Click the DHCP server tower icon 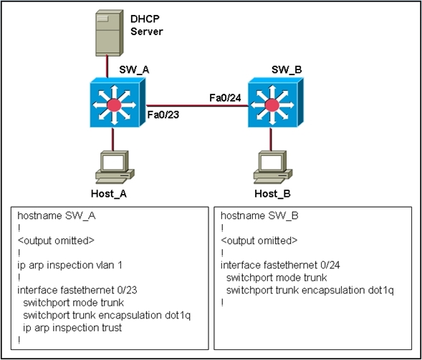[x=110, y=33]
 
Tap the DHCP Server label [x=147, y=25]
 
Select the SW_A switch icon [x=118, y=102]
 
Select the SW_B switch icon [x=276, y=102]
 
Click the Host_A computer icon [x=115, y=167]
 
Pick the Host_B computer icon [x=273, y=167]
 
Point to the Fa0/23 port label [x=163, y=115]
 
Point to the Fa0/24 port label [x=225, y=98]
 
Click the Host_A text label [x=109, y=194]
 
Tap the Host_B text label [x=273, y=194]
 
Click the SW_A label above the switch [x=134, y=70]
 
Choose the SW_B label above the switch [x=287, y=70]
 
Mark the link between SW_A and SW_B [x=197, y=106]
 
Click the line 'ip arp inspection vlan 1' [x=70, y=266]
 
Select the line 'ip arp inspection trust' [x=72, y=328]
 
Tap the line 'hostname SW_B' [x=259, y=215]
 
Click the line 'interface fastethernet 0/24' [x=280, y=266]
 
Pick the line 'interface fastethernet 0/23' [x=77, y=290]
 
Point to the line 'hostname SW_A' [x=57, y=215]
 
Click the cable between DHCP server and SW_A [x=107, y=67]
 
